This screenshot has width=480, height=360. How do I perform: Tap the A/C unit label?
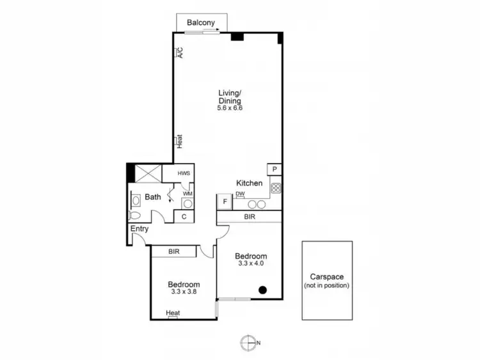180,52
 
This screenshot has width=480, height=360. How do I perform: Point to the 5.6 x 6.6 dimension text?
230,108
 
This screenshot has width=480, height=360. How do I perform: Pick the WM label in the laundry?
188,193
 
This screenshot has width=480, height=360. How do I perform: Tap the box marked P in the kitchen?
274,169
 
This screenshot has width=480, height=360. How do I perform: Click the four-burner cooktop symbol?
276,188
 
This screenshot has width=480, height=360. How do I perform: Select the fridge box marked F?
225,202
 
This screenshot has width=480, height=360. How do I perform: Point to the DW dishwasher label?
241,194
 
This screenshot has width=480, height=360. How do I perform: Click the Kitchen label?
250,183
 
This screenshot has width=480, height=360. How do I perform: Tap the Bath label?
152,197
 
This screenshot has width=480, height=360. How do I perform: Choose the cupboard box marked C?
184,217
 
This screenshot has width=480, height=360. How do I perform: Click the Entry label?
140,229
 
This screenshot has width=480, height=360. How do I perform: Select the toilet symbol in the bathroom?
134,215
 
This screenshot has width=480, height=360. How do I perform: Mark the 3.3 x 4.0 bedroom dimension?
251,263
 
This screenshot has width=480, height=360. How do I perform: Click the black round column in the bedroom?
262,290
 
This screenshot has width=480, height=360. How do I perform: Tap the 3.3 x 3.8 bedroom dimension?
184,292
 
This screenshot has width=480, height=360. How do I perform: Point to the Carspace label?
327,277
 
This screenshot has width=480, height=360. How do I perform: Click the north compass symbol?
248,343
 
